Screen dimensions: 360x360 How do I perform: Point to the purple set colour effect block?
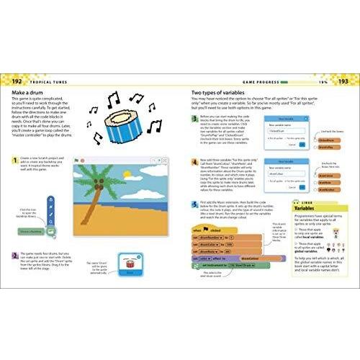[222, 256]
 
